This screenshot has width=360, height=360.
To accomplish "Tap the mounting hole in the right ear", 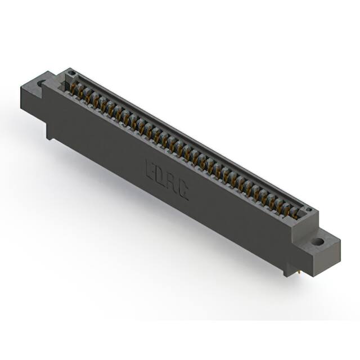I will click(318, 242).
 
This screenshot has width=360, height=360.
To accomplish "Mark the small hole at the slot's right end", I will click(308, 211).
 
